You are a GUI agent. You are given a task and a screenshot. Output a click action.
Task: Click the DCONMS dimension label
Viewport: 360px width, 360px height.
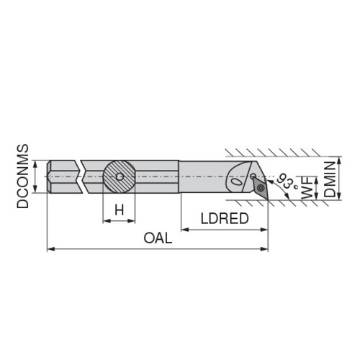pyautogui.click(x=22, y=176)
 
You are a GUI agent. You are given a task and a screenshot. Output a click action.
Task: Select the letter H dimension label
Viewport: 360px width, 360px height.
pyautogui.click(x=120, y=210)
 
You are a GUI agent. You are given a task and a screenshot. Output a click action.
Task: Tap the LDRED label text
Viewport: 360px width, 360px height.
pyautogui.click(x=225, y=219)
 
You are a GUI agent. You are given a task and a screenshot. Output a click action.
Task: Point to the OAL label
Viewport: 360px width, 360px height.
pyautogui.click(x=158, y=238)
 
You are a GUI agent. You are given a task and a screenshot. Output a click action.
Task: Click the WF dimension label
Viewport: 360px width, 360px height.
pyautogui.click(x=307, y=187)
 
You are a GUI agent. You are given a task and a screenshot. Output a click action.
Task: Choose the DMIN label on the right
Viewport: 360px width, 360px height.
pyautogui.click(x=330, y=179)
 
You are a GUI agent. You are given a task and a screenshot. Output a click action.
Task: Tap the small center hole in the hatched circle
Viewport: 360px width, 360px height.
pyautogui.click(x=120, y=177)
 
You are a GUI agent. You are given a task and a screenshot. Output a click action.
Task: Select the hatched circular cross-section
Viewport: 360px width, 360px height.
pyautogui.click(x=120, y=177)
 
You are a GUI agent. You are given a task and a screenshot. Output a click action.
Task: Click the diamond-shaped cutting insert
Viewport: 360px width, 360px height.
pyautogui.click(x=260, y=188)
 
